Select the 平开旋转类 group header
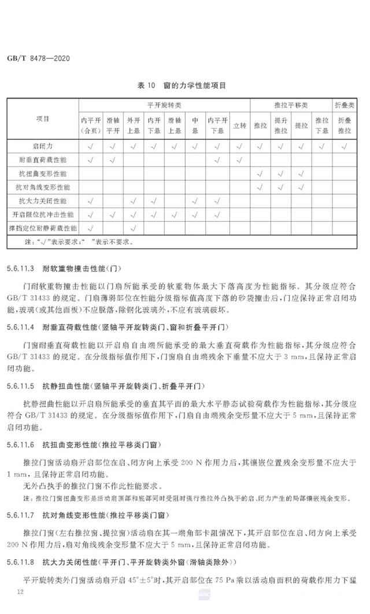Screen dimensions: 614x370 [x=164, y=105]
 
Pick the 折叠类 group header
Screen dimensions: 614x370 [x=345, y=105]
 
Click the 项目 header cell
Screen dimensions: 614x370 [x=43, y=119]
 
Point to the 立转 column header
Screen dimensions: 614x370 [x=239, y=125]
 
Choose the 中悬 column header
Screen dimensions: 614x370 [x=195, y=125]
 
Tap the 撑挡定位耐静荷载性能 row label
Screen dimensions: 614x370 [x=43, y=229]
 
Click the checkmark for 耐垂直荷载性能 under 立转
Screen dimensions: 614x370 [x=239, y=159]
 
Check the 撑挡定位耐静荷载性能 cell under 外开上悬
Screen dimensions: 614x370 [x=134, y=229]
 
